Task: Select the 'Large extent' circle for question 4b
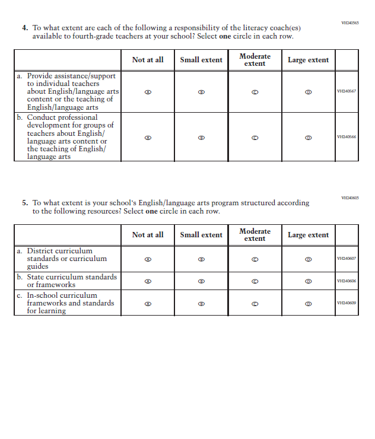[x=308, y=137]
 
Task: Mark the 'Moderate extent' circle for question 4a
[x=255, y=92]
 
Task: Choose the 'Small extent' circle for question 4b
[x=201, y=137]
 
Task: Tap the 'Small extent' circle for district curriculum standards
[x=201, y=259]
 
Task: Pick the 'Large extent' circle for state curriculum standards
[x=308, y=281]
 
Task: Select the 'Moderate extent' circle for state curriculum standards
[x=255, y=281]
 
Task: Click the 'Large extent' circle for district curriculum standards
[x=308, y=259]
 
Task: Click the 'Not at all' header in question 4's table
[x=148, y=60]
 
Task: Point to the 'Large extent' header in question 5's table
[x=308, y=235]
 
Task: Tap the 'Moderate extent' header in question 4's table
[x=255, y=60]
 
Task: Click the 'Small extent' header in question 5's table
[x=201, y=235]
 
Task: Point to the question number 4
[x=25, y=28]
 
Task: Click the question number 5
[x=25, y=203]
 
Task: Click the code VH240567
[x=346, y=91]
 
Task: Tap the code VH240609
[x=346, y=303]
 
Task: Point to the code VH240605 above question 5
[x=349, y=198]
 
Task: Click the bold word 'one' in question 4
[x=225, y=37]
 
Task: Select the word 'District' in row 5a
[x=41, y=251]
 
